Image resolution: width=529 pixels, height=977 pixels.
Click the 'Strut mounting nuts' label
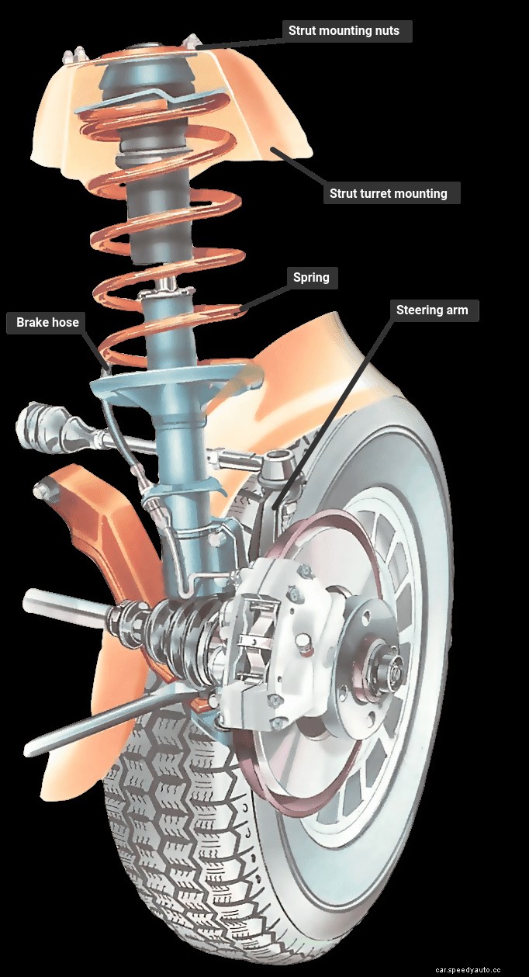point(344,31)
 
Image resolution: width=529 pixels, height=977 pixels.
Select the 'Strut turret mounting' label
point(391,193)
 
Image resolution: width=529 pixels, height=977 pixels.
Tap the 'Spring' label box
point(311,277)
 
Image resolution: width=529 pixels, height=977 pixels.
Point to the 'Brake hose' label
point(47,323)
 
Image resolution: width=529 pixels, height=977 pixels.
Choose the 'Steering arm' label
point(433,310)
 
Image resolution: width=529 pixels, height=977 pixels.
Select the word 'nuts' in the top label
point(386,31)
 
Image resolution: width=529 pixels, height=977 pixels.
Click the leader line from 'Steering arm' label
point(334,411)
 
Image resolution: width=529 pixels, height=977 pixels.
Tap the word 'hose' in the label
point(64,323)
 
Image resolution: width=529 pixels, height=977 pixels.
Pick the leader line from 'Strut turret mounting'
point(299,167)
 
